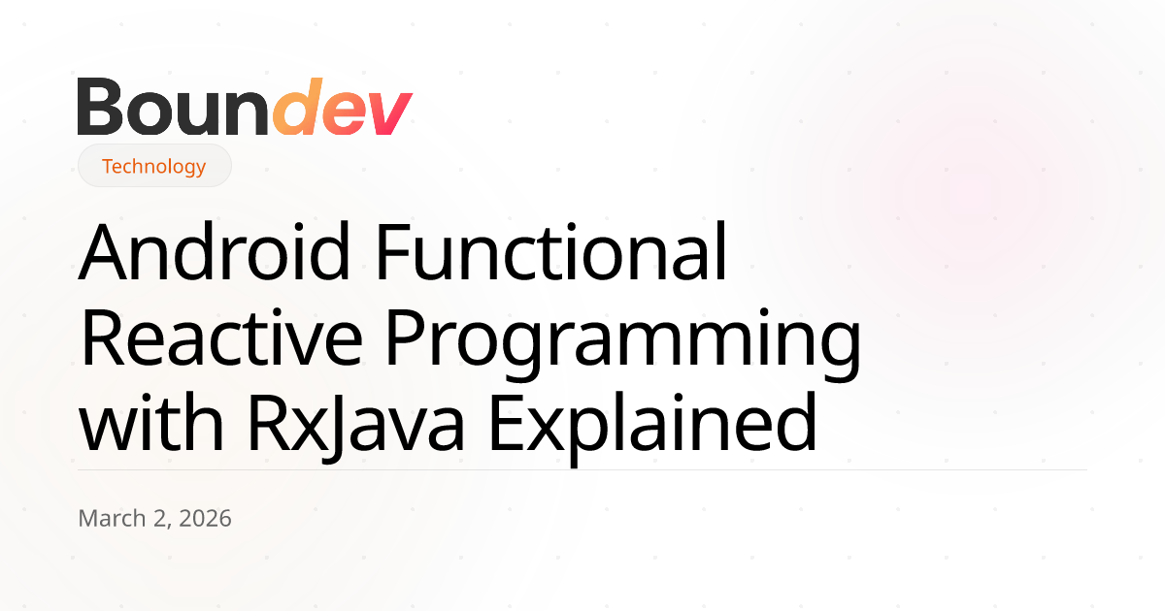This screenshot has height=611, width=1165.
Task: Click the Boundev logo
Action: (245, 107)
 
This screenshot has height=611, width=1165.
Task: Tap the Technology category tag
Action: (154, 166)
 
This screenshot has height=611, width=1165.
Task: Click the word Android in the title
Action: (214, 251)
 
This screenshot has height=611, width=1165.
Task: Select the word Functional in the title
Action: (551, 251)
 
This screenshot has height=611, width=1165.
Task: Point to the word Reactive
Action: (222, 338)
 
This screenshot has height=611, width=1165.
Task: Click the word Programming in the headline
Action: (623, 344)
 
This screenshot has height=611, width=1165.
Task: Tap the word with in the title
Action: (151, 423)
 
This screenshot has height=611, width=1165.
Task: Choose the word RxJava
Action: (355, 427)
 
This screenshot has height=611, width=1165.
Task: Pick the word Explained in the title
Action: (653, 429)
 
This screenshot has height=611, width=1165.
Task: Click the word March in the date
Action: (113, 519)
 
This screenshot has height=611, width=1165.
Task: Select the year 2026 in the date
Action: (205, 519)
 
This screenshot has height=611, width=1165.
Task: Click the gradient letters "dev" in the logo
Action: (343, 107)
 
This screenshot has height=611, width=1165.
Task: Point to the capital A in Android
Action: (102, 252)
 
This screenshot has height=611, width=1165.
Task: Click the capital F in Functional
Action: (392, 252)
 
